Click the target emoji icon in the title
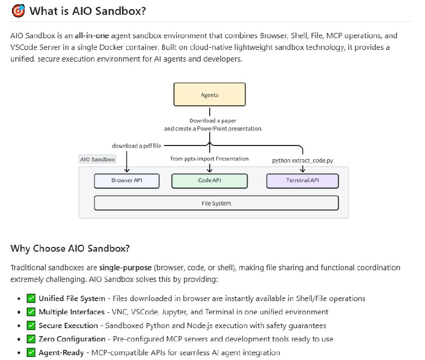[x=18, y=11]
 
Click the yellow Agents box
[x=209, y=95]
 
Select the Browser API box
[x=126, y=181]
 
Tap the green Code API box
[x=209, y=181]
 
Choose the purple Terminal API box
[x=302, y=181]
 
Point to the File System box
[x=216, y=203]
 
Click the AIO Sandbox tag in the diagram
[x=97, y=159]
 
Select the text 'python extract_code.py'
[x=302, y=159]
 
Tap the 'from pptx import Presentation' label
[x=209, y=158]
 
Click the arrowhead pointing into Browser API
[x=127, y=170]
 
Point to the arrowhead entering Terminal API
[x=302, y=170]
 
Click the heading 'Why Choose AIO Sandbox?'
[x=70, y=248]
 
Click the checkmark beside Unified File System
[x=31, y=298]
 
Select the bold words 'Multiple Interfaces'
[x=72, y=312]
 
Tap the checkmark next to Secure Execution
[x=31, y=325]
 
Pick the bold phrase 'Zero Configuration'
[x=72, y=339]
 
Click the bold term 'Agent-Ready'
[x=61, y=352]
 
